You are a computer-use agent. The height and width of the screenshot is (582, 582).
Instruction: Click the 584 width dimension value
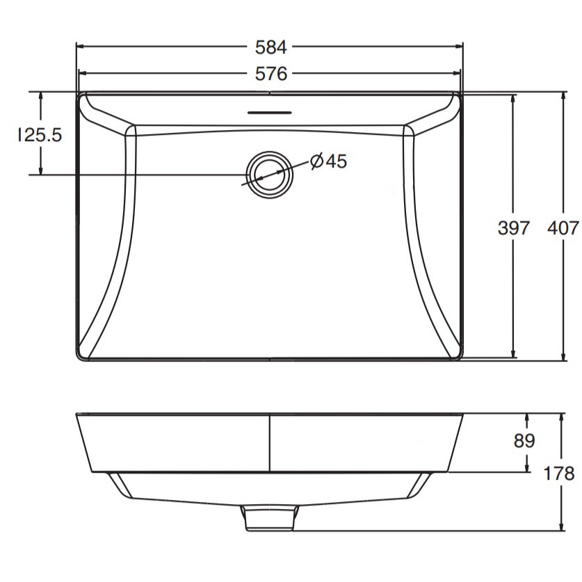coord(271,47)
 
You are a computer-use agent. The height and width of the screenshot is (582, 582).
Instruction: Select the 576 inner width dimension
coord(271,74)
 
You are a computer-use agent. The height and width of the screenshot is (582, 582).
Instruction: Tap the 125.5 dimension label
coord(40,135)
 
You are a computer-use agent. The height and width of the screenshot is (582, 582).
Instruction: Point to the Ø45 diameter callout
coord(329,161)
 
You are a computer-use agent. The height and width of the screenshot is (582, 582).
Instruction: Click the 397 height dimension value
coord(513,227)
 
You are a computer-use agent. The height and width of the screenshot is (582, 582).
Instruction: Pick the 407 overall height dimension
coord(563,227)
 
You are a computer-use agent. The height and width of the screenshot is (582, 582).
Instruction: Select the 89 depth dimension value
coord(524,441)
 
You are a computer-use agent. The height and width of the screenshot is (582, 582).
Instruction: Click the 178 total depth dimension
coord(558,474)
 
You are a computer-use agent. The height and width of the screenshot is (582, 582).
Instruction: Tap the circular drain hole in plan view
coord(270,175)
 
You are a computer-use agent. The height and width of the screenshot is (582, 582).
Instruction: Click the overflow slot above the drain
coord(270,112)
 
